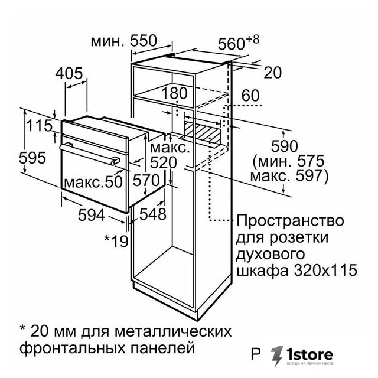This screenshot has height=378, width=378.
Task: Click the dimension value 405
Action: point(69,73)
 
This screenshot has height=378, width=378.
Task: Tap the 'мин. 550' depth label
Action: point(124,41)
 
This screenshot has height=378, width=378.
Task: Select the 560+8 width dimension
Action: point(239,43)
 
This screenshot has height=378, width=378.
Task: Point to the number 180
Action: point(174,93)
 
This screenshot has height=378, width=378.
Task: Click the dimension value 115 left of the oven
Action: point(39,126)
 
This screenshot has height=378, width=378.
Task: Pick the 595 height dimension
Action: point(32,158)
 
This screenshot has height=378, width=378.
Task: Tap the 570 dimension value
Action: point(146,180)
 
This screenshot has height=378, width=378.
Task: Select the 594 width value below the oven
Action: point(92,215)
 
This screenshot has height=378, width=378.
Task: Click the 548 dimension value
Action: point(153,214)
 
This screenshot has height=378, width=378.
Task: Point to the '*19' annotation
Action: point(116,241)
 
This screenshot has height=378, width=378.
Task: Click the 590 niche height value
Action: point(285,146)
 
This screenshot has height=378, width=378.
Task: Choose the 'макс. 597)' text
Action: point(289,176)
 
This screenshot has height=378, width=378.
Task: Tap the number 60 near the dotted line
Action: point(250,95)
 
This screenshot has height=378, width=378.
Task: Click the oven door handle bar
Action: point(90,154)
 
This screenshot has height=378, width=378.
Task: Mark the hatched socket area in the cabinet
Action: point(202,132)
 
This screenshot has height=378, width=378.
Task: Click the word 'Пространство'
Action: point(290,220)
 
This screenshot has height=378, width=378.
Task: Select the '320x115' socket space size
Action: point(325,271)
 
